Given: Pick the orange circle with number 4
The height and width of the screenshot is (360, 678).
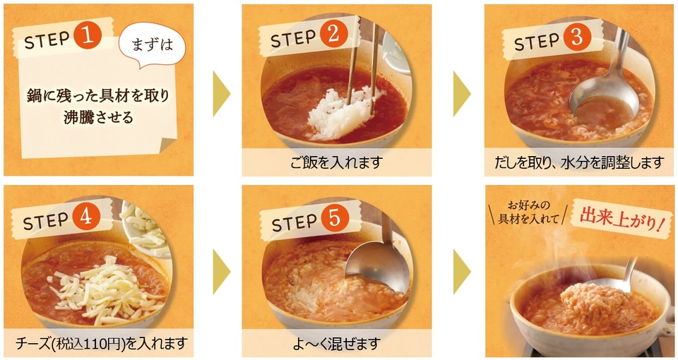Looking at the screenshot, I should pos(87,220).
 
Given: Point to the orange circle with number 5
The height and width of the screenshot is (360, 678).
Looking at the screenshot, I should pos(335,220).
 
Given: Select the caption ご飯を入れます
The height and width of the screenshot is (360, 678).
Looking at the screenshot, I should pos(336,162).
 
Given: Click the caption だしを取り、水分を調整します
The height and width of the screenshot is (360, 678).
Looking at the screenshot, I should pos(579,162).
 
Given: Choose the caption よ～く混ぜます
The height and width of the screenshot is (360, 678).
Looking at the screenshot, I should pos(336,344).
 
